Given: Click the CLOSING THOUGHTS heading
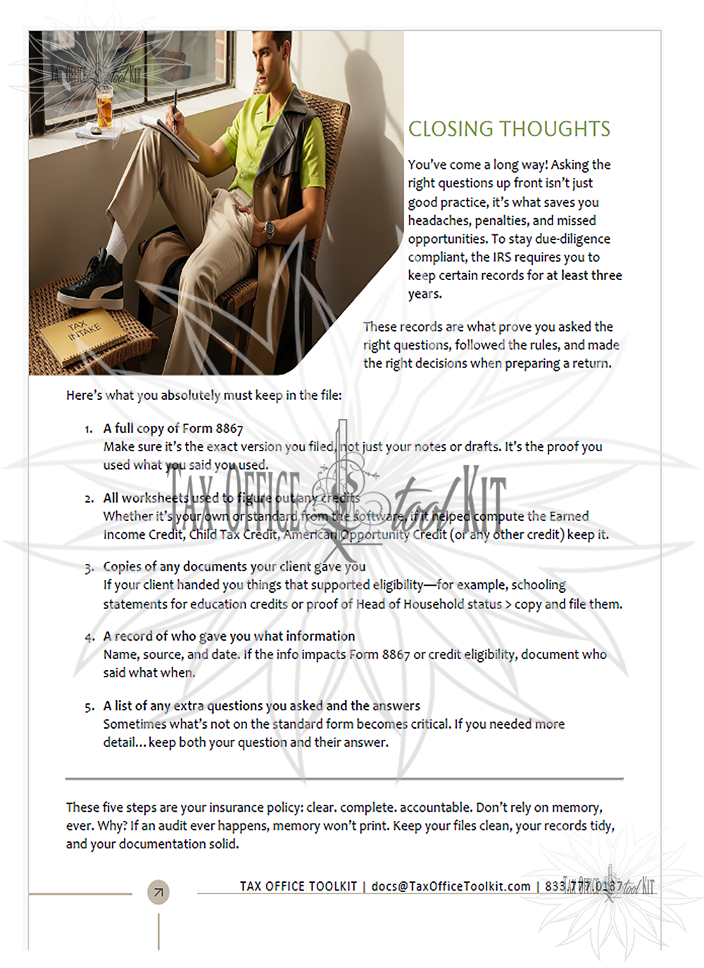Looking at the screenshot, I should click(509, 129).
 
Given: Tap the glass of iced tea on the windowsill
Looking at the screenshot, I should click(104, 109).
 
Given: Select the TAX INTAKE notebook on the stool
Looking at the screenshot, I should click(83, 335).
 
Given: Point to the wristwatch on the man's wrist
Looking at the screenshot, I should click(268, 229).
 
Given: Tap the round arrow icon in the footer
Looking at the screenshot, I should click(158, 892).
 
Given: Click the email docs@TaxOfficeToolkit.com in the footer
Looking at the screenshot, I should click(451, 886).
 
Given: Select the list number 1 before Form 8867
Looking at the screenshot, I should click(88, 429).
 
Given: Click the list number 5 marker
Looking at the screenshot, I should click(89, 707).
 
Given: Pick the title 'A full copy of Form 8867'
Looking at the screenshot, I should click(173, 428).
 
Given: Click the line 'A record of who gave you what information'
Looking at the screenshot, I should click(229, 636).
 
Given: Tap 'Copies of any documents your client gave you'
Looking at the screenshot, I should click(234, 566).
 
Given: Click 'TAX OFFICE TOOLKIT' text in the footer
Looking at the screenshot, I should click(298, 886).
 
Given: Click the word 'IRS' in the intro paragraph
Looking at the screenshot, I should click(502, 257).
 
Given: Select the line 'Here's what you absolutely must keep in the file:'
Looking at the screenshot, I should click(204, 395).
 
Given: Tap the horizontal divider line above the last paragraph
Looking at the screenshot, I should click(344, 779).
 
